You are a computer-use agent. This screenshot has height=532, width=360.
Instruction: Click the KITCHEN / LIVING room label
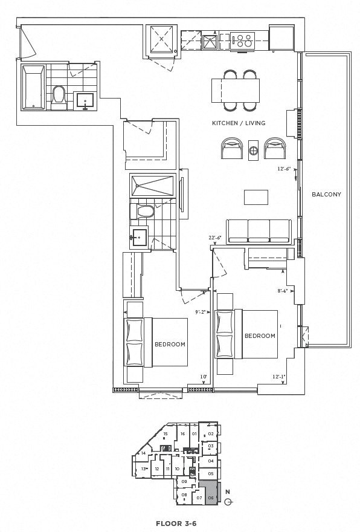point(238,123)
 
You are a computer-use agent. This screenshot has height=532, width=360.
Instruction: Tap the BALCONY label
point(326,195)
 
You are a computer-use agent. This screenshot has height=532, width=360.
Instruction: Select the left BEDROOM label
point(169,344)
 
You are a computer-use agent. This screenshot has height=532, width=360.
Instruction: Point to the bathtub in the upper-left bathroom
point(33,88)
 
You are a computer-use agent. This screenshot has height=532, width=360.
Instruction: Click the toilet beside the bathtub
point(59,97)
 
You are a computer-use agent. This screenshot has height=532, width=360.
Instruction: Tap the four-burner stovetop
point(245,41)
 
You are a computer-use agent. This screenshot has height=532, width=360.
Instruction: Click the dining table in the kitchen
point(236,91)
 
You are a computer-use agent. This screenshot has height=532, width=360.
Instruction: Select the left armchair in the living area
point(232,148)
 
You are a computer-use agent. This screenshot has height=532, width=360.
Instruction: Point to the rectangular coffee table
point(256,198)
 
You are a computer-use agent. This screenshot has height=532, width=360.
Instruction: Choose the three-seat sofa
point(259,231)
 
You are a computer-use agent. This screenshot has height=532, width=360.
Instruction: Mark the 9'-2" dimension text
point(201,313)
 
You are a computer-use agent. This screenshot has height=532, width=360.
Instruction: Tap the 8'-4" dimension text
point(283,291)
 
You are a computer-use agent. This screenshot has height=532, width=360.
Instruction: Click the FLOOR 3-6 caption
point(176,523)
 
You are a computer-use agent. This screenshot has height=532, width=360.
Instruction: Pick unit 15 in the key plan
point(165,433)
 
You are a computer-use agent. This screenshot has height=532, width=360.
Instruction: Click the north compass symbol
point(228,499)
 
